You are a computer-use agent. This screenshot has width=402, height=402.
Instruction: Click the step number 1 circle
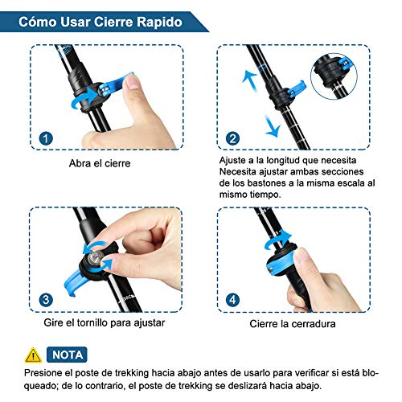coord(46,138)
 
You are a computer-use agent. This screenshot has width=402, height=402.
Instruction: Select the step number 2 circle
coord(232,138)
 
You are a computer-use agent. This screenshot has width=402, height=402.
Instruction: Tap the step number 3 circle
coord(46,300)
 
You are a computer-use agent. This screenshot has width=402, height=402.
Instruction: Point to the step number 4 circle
coord(232,300)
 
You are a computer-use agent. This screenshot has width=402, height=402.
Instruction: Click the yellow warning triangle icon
coord(33,355)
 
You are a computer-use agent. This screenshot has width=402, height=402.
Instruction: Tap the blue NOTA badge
coord(67,355)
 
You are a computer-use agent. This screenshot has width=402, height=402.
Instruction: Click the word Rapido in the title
coord(160,22)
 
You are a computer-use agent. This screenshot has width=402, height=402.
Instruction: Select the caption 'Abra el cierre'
coord(100,163)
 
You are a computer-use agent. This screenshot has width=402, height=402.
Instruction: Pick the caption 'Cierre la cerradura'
coord(293,324)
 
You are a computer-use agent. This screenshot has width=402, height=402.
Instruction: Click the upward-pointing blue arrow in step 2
coord(249,79)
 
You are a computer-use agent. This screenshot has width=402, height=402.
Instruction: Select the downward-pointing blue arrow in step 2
coord(273,126)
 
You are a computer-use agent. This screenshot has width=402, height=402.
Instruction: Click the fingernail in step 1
coord(133,82)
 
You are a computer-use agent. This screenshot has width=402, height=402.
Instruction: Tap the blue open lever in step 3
coord(74,282)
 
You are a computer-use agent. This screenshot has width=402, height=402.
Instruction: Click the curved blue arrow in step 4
coord(279,240)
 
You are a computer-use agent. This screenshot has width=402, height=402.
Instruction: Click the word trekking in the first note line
coord(132,373)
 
